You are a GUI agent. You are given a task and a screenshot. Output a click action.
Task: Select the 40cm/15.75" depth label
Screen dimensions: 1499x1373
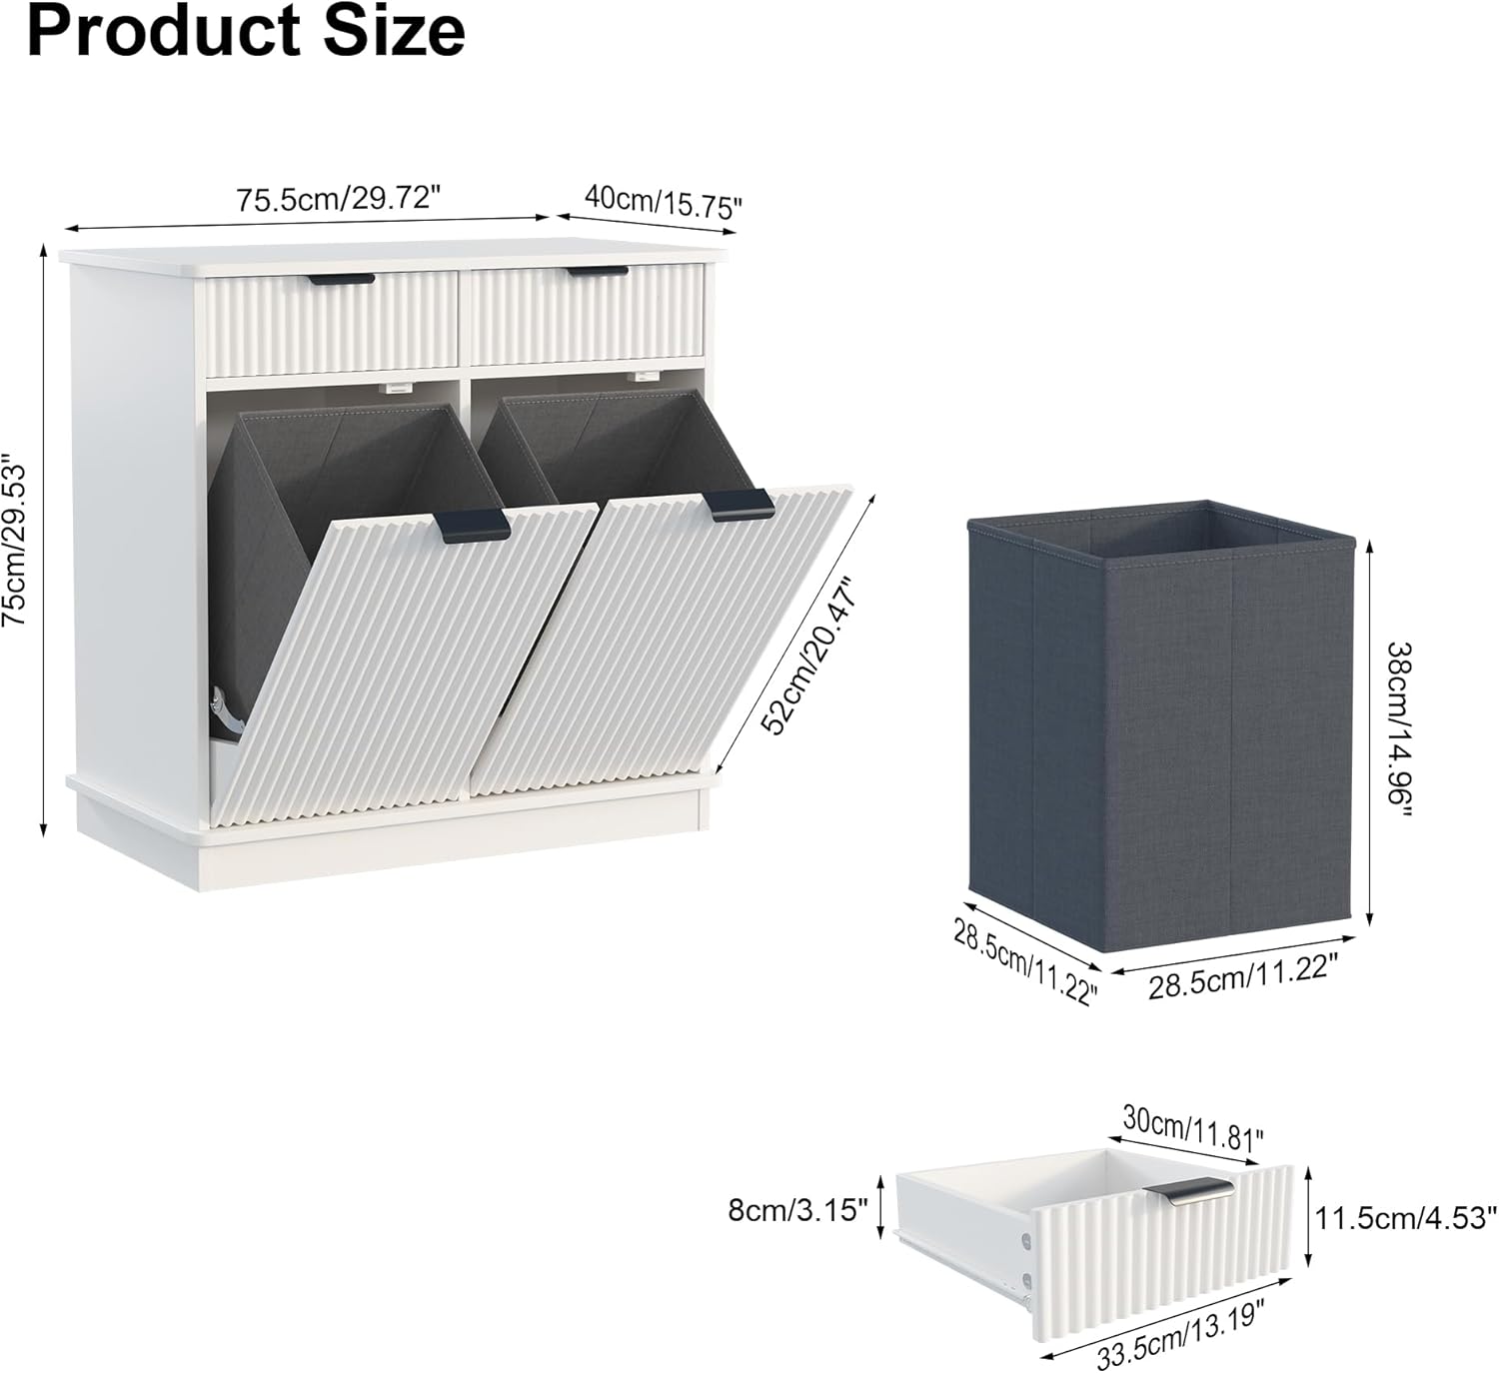pyautogui.click(x=663, y=202)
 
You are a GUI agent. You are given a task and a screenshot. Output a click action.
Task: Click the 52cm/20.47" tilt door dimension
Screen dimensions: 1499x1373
pyautogui.click(x=806, y=656)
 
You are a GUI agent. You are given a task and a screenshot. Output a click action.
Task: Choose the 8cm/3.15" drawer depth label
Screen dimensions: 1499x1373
pyautogui.click(x=797, y=1209)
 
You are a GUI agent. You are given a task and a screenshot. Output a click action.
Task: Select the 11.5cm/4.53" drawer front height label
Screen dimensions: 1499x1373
pyautogui.click(x=1406, y=1218)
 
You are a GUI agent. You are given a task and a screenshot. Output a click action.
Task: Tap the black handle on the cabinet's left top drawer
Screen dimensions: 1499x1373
pyautogui.click(x=342, y=280)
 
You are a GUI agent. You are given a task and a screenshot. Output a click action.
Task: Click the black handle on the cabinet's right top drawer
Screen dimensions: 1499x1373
pyautogui.click(x=598, y=272)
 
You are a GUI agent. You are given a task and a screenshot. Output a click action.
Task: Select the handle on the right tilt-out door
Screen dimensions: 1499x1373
pyautogui.click(x=741, y=504)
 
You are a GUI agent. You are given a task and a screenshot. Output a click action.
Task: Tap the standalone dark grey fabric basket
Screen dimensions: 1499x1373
pyautogui.click(x=1160, y=725)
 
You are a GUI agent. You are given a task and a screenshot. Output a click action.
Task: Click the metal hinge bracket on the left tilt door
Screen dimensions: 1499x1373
pyautogui.click(x=227, y=713)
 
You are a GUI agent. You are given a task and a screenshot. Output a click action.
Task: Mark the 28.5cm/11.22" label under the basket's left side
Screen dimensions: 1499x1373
pyautogui.click(x=1024, y=961)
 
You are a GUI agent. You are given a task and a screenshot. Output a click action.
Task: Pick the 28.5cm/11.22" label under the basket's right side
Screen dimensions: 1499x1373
pyautogui.click(x=1242, y=975)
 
